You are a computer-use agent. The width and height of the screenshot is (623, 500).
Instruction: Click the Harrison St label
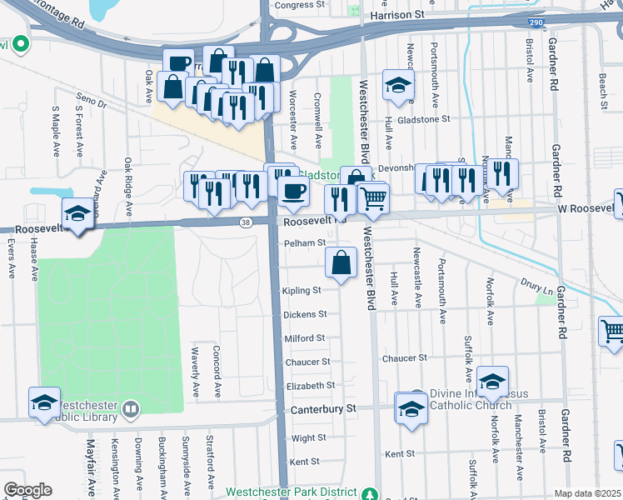pos(396,14)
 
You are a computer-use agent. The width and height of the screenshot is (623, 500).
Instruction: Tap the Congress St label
pos(299,5)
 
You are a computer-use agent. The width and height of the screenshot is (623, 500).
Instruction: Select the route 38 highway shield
pos(245,222)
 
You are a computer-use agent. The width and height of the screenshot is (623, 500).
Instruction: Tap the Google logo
pos(27,490)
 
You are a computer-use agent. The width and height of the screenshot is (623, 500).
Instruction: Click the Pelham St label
pos(304,243)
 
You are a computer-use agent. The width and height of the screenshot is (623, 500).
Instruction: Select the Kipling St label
pos(302,291)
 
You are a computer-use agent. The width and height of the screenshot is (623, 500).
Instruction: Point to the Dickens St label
pos(305,315)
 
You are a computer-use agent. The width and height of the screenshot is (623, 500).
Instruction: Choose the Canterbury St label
pos(323,409)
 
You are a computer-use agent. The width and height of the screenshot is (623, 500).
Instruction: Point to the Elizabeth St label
pos(310,386)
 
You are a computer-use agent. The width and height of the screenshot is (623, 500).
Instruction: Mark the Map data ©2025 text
pos(587,493)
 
